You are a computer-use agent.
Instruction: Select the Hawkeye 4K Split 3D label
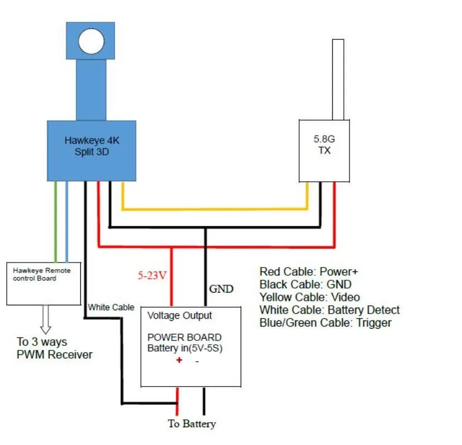91,146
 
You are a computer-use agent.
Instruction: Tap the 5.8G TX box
324,150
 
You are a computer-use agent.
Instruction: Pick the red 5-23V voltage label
152,275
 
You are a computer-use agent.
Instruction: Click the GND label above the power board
221,289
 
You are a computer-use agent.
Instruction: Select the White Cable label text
111,307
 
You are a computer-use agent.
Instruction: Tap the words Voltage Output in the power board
179,315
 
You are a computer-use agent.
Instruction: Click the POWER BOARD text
184,338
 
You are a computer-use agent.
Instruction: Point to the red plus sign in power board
179,360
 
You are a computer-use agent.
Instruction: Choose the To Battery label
192,424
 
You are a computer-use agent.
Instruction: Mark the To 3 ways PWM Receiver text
54,348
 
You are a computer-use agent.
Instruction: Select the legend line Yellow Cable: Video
309,297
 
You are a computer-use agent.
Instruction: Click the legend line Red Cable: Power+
308,271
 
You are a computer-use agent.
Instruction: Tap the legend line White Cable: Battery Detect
329,310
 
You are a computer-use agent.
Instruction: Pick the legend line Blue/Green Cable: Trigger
325,323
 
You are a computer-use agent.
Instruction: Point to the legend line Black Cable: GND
305,284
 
